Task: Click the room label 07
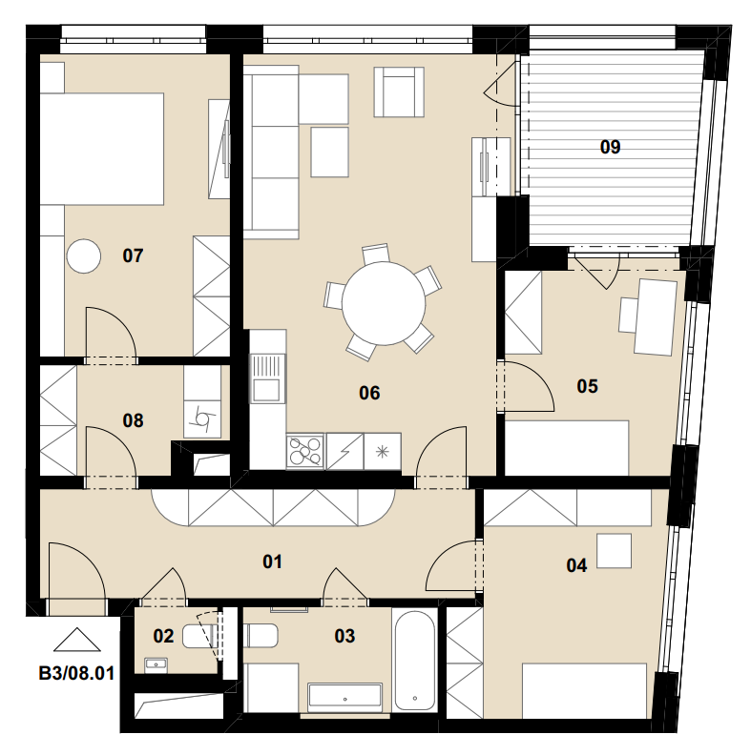pos(133,255)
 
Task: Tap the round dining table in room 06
pos(384,303)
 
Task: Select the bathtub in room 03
pos(414,660)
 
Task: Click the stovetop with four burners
pos(305,451)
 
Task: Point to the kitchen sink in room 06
pos(266,378)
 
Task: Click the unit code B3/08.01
pos(76,673)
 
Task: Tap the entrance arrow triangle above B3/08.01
pos(76,640)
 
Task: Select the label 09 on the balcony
pos(610,147)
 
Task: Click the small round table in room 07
pos(84,256)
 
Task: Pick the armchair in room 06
pos(399,92)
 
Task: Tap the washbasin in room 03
pos(345,697)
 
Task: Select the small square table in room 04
pos(615,551)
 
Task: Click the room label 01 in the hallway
pos(272,561)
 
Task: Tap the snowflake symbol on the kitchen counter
pos(383,452)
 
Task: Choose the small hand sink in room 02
pos(156,665)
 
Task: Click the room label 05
pos(587,386)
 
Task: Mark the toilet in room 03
pos(261,636)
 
